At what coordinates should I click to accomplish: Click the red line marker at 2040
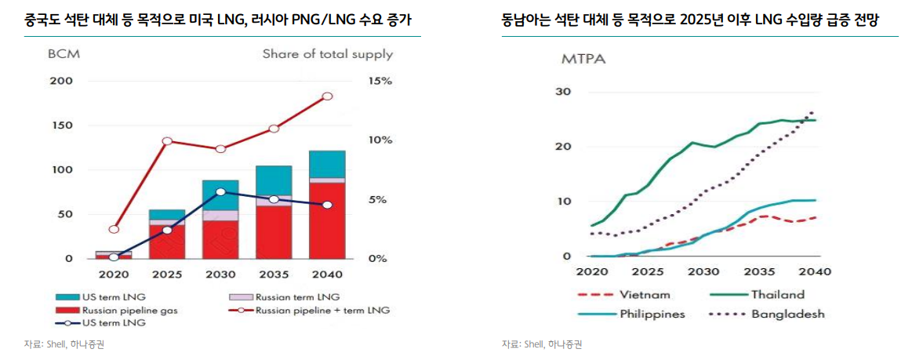point(327,96)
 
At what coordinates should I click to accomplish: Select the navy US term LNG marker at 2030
point(220,191)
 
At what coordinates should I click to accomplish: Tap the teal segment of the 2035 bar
point(274,180)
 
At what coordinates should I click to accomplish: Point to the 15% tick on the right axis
point(380,82)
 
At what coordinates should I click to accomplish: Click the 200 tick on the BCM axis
point(61,82)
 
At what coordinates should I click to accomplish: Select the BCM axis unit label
point(64,55)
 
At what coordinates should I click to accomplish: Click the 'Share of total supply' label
point(327,55)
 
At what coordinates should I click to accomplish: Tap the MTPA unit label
point(583,59)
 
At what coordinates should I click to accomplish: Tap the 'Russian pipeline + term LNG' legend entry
point(318,311)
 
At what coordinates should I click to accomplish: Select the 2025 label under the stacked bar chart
point(167,275)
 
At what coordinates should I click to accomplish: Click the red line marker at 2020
point(114,230)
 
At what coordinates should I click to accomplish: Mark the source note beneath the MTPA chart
point(542,344)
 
